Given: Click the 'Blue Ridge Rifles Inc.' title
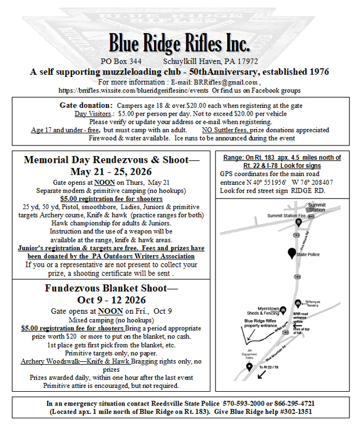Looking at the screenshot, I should pos(179,43).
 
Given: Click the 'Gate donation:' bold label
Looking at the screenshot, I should pos(86,105).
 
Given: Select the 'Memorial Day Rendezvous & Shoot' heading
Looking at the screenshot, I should pos(111,160).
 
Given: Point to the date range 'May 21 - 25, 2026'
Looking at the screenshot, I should pos(111,172).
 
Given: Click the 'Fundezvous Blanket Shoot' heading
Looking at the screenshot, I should pos(111,288).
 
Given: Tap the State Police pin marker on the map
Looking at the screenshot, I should pos(292,253).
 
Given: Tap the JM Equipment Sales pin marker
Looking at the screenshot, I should pos(249,366).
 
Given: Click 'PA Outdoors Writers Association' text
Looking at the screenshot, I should pos(145,256).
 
